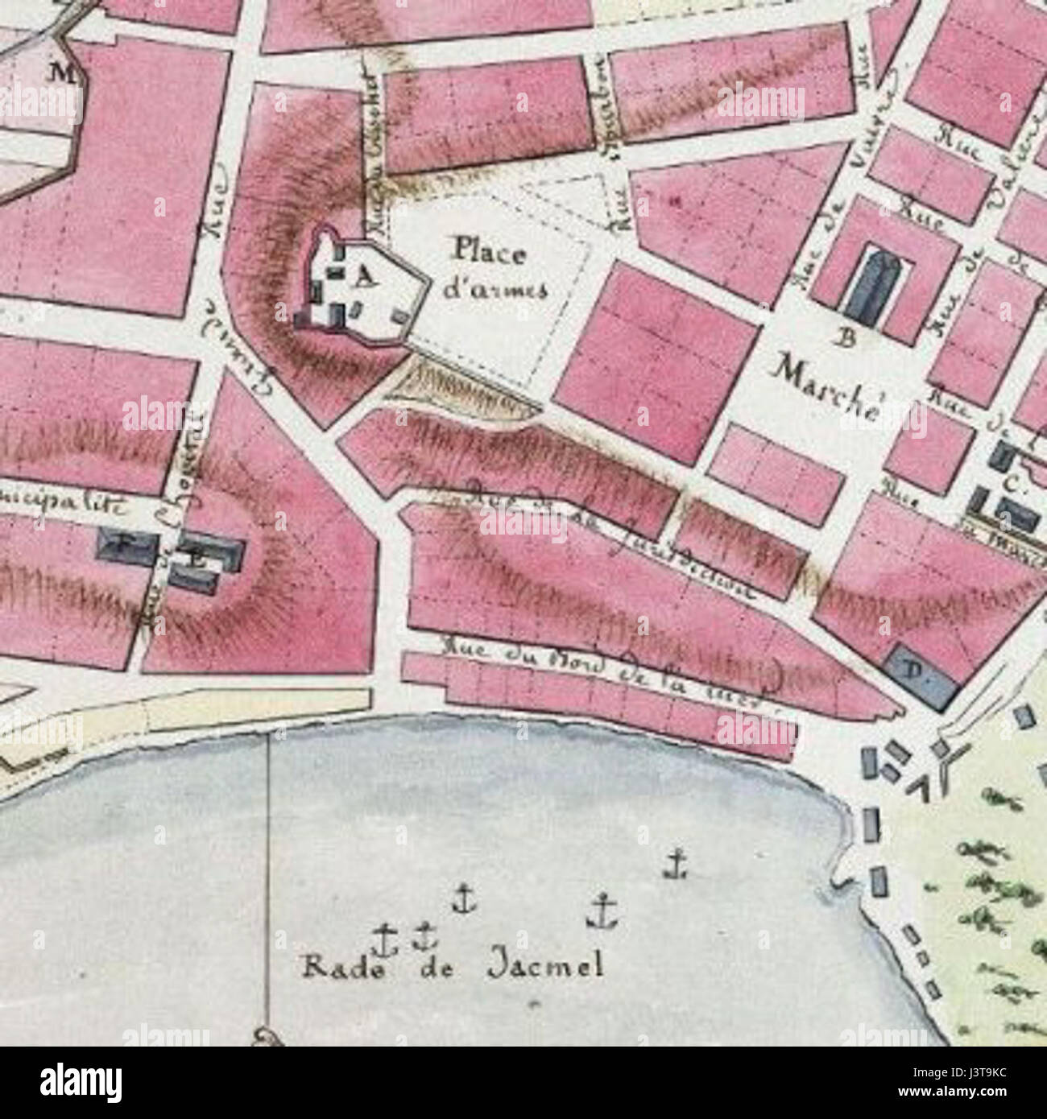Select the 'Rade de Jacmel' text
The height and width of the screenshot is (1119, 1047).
coord(452,966)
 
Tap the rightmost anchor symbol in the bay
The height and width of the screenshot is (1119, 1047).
coord(676,866)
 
